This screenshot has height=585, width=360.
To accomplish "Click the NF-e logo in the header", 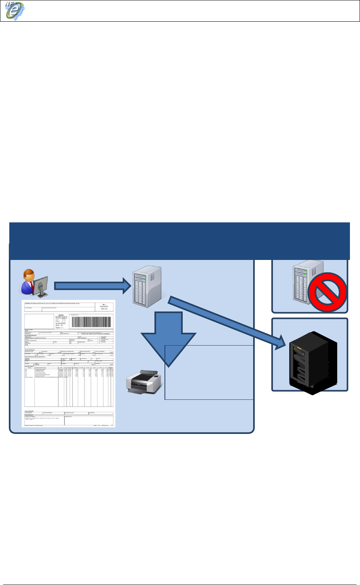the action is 15,11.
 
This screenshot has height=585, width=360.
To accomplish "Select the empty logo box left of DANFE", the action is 39,322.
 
